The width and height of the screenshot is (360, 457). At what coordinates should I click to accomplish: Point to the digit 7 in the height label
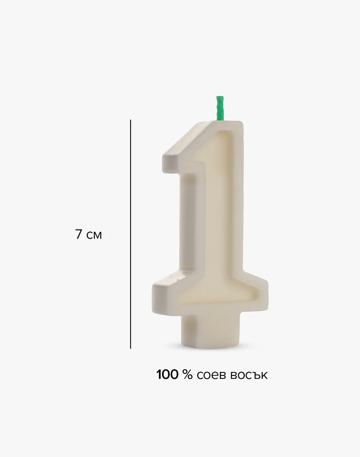tap(79, 234)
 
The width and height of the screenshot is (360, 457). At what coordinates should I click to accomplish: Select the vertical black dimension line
tap(131, 234)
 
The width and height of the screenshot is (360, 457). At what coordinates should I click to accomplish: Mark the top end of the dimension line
tap(131, 120)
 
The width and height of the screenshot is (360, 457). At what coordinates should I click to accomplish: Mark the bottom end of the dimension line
tap(131, 348)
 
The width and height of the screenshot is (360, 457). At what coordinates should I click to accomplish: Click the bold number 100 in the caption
tap(167, 375)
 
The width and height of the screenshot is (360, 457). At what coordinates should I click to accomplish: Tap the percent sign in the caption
tap(188, 375)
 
